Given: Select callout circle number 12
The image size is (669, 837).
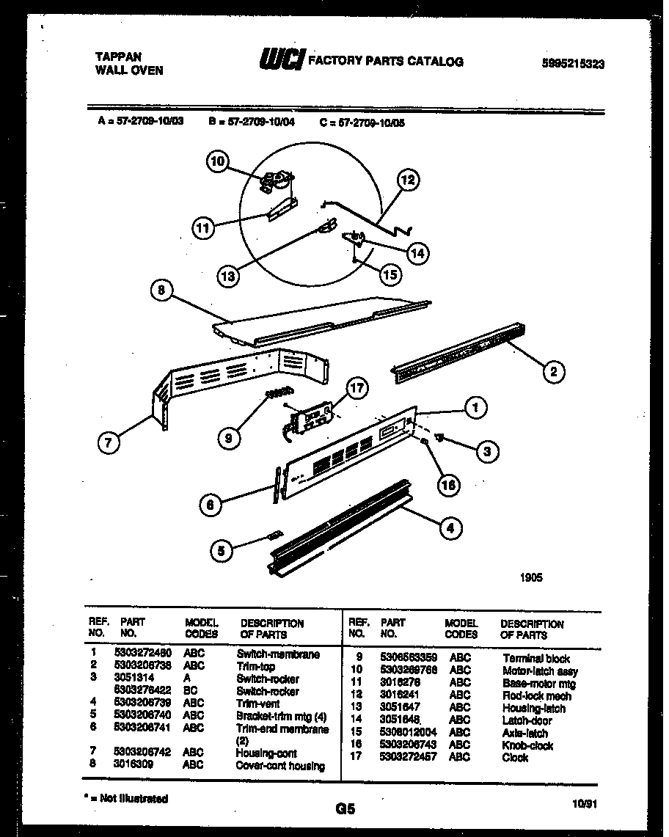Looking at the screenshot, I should pos(409,179).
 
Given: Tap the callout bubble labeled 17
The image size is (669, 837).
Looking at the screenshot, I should pos(357,390).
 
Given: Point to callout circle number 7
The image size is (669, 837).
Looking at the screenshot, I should pos(109,442).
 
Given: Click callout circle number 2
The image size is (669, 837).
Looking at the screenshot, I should pos(552,372).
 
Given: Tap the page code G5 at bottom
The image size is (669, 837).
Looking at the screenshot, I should pos(345,809).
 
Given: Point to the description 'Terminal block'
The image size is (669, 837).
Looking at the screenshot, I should pos(535,659).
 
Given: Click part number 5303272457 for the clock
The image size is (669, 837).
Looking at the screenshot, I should pos(409,757).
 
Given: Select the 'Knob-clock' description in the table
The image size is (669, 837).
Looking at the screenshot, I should pos(527,745).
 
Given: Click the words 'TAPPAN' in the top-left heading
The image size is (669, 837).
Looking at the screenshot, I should pos(119,56).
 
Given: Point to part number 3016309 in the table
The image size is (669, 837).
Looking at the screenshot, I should pos(134,764).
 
